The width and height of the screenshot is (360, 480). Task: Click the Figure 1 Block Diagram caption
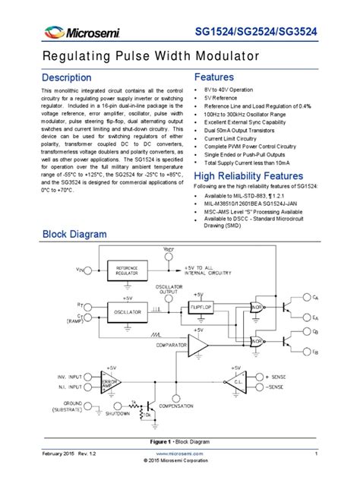180,441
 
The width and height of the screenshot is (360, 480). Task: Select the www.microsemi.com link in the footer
180,453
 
